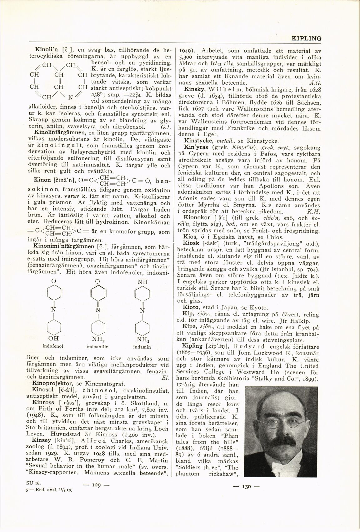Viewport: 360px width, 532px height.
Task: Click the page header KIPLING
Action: [x=306, y=38]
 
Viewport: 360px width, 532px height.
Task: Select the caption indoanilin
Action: [x=97, y=347]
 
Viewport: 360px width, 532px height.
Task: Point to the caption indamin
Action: [x=142, y=347]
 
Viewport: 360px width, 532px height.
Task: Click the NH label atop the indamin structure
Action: [x=142, y=281]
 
